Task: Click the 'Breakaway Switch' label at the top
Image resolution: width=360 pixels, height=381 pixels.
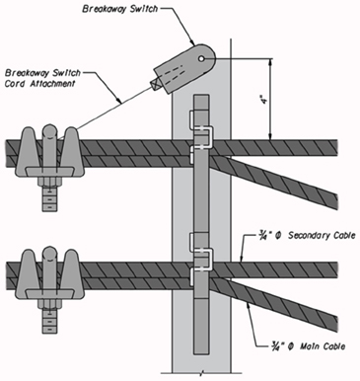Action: pos(120,9)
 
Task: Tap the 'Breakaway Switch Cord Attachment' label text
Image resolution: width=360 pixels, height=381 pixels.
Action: pos(42,78)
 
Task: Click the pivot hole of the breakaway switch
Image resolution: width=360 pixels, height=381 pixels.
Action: pos(201,58)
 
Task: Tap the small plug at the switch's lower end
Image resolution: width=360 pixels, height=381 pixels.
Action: pos(155,84)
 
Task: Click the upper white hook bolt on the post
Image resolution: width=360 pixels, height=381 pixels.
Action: pos(201,136)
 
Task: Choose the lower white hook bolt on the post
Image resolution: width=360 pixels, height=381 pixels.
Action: pos(201,259)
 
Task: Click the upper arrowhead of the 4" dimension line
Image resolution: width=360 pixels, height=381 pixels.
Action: pos(270,62)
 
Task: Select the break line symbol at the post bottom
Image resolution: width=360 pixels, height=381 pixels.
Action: pos(201,373)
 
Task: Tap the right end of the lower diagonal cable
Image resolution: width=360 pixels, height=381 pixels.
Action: pos(337,323)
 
